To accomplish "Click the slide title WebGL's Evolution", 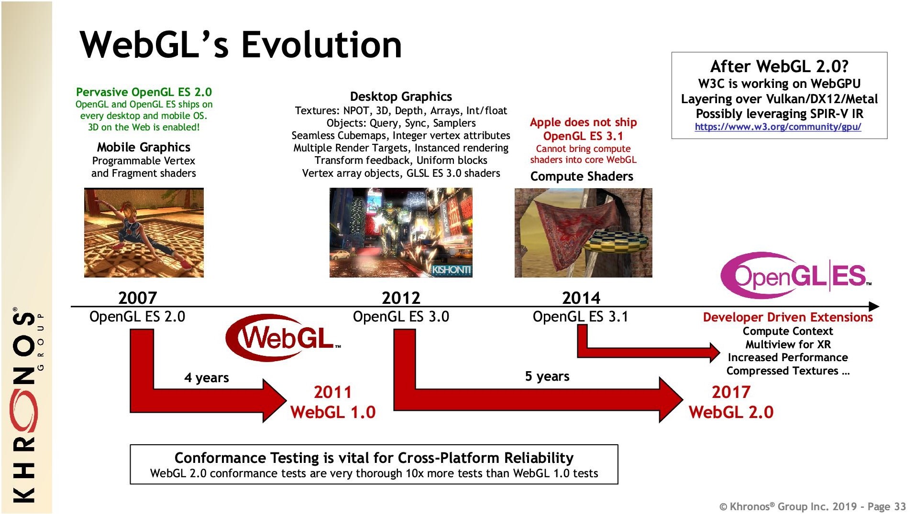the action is [x=241, y=44].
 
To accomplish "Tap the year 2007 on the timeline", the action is [x=137, y=298].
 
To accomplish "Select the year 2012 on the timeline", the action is [x=401, y=298].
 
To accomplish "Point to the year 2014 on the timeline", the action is [x=581, y=298].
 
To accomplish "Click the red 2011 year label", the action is [x=332, y=392].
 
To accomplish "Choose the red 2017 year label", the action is [x=731, y=392].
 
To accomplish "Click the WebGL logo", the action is [x=283, y=338].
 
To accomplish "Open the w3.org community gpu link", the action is [x=778, y=127].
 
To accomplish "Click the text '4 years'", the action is [x=207, y=378].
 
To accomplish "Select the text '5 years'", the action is [x=547, y=376].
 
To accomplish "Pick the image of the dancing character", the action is [x=144, y=233].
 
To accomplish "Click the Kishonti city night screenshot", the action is [x=401, y=233].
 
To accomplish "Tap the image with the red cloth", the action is [x=583, y=233].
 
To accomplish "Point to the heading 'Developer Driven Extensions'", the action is [x=788, y=317].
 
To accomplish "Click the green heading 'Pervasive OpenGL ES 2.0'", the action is [x=144, y=92].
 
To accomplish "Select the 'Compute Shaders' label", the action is [x=582, y=177].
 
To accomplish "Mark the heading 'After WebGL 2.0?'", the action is [x=779, y=66].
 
